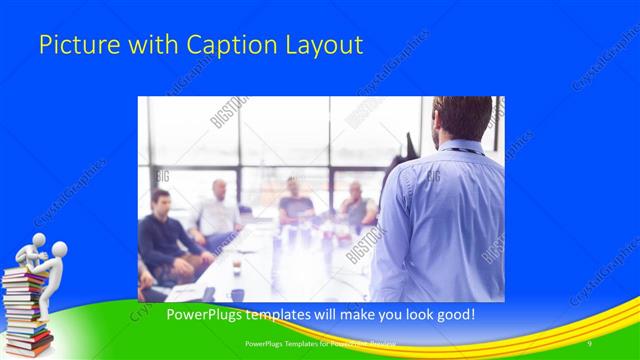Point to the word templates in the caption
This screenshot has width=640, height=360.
[276, 315]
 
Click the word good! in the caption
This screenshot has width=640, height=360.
[451, 315]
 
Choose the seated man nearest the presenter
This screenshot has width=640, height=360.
[357, 205]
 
